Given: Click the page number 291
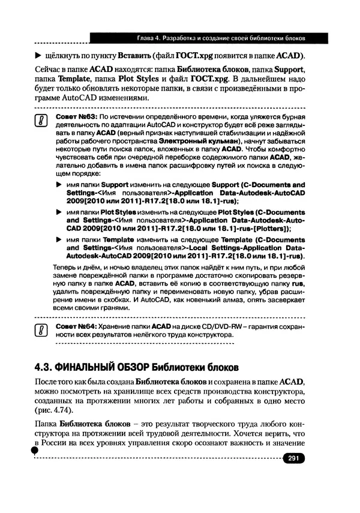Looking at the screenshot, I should pos(293,458).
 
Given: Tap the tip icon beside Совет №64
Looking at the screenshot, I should pos(41,330).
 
